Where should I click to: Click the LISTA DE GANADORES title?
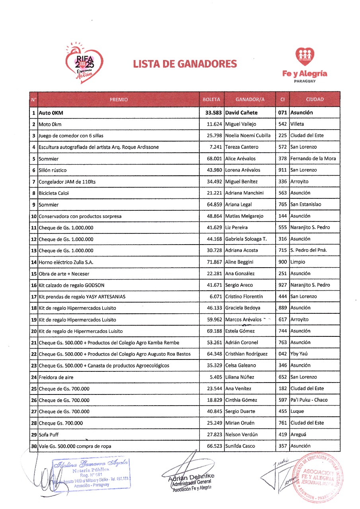185,64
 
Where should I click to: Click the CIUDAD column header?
315,99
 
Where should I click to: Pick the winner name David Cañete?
241,113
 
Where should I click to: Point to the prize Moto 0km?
50,124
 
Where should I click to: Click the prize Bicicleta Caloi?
54,193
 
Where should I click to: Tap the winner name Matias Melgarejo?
244,216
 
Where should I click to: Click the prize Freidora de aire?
56,377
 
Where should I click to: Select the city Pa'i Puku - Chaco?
309,400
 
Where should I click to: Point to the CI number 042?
282,354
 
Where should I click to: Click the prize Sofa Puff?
49,435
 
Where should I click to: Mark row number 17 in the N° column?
34,297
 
